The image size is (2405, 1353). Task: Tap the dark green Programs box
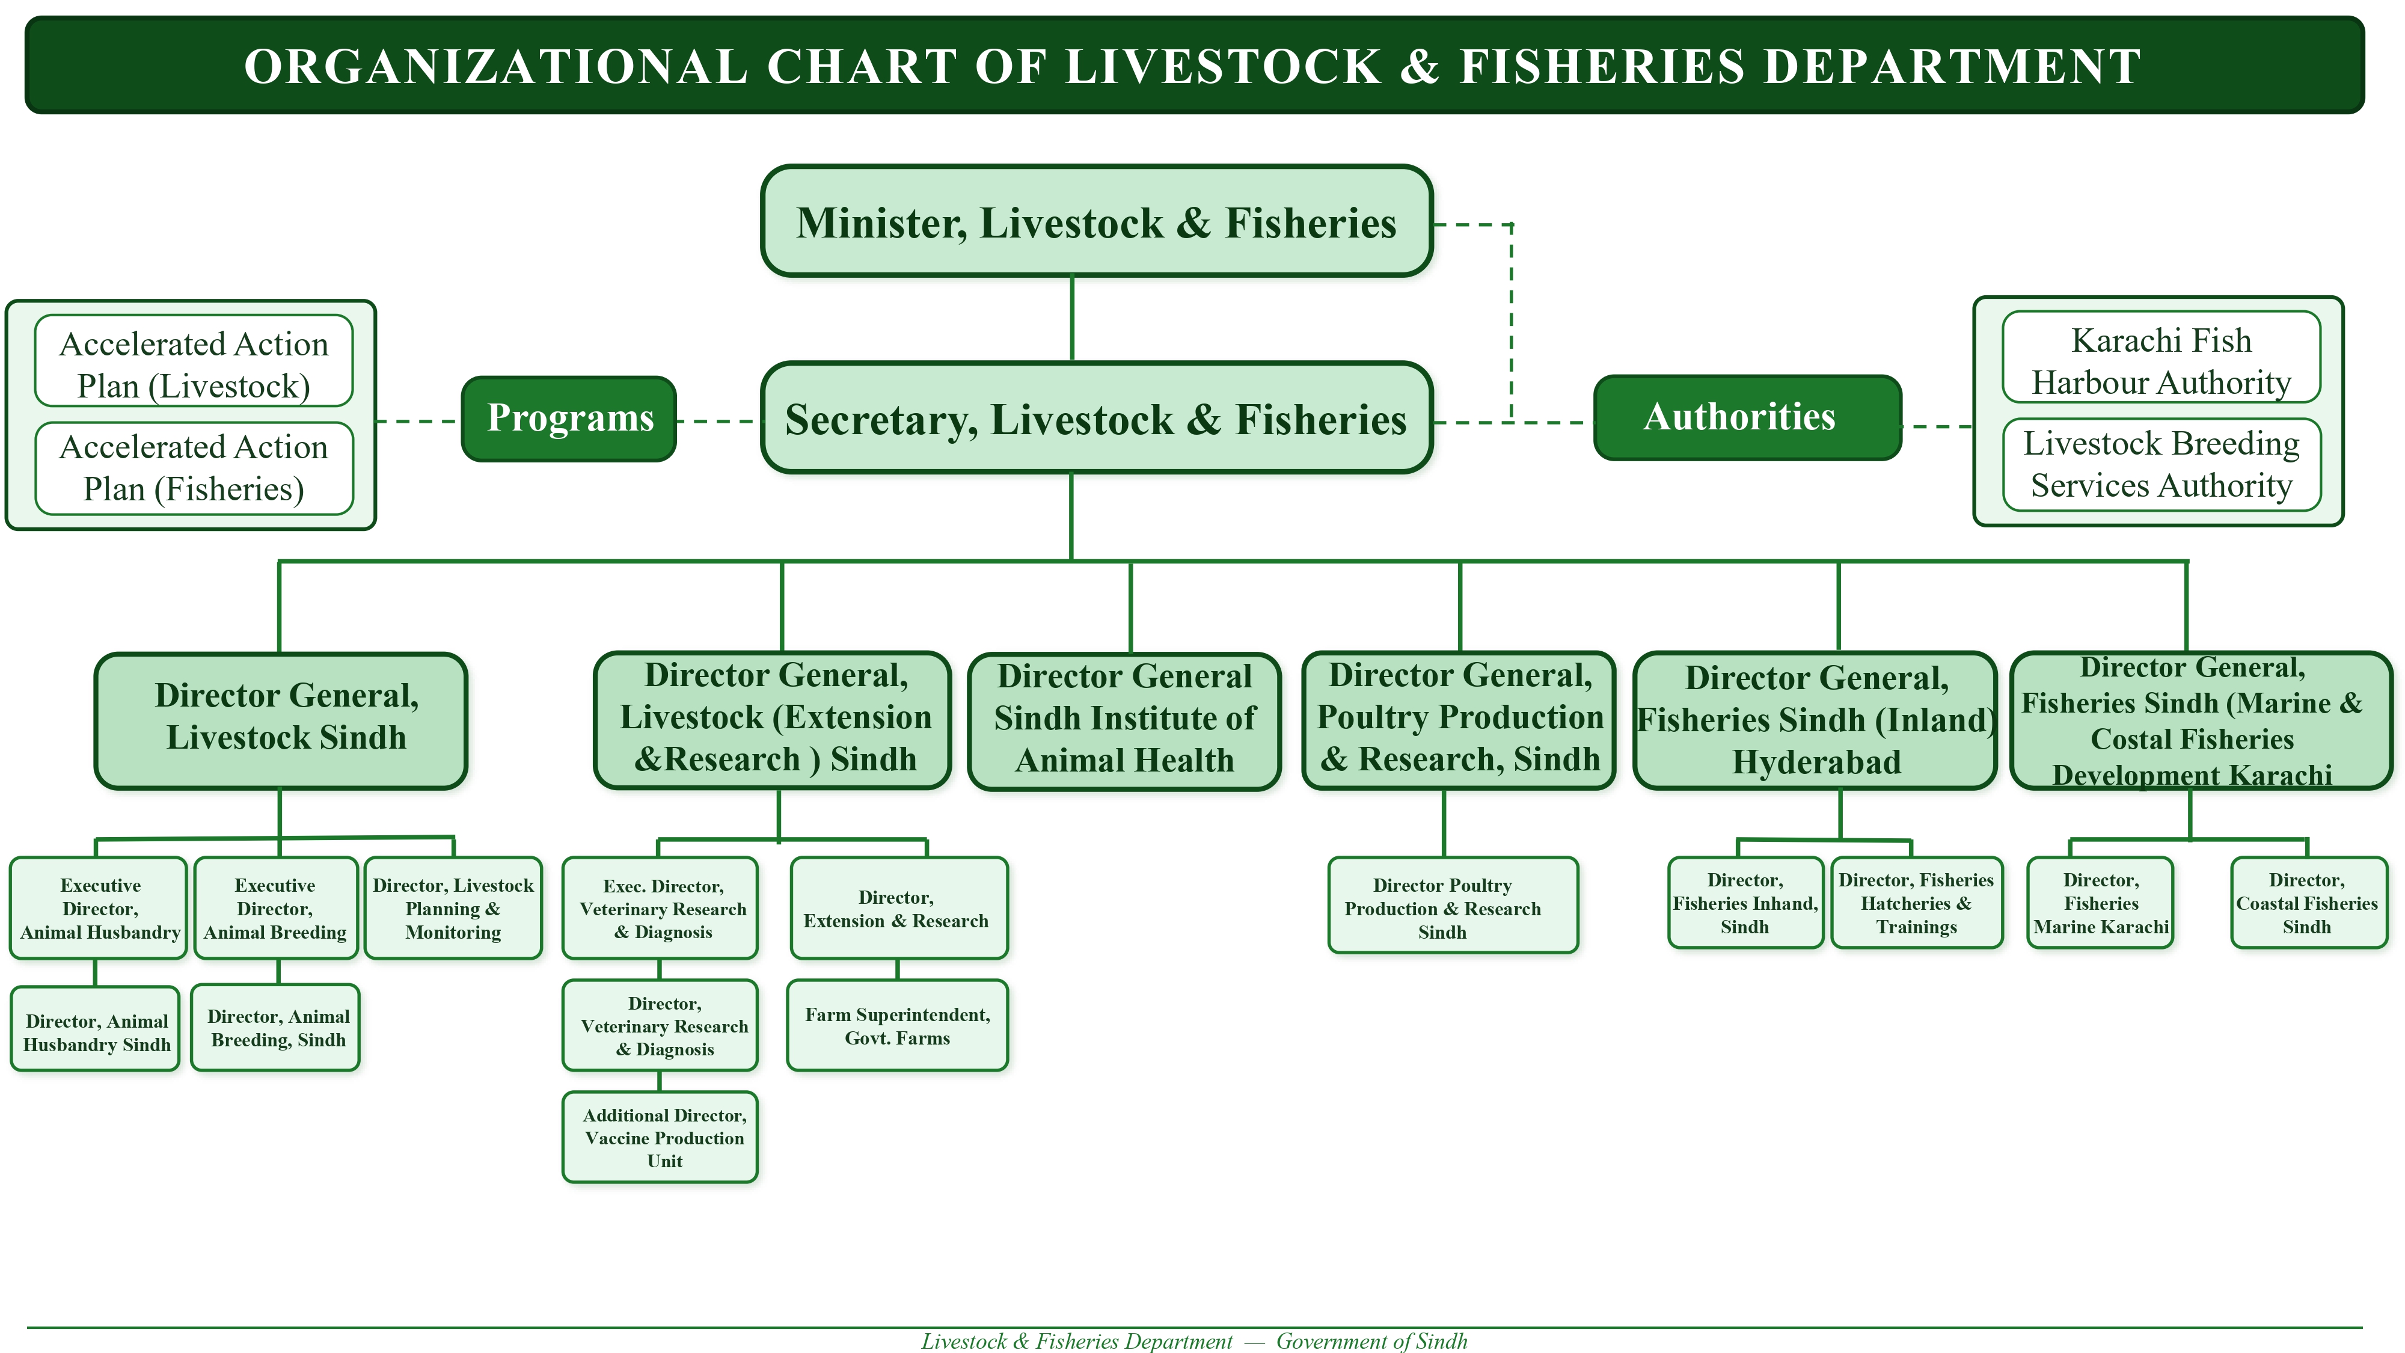click(569, 419)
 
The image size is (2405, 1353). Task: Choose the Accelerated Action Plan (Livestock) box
click(194, 360)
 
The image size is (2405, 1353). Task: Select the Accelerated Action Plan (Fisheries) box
click(194, 468)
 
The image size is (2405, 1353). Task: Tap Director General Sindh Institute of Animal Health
click(1124, 721)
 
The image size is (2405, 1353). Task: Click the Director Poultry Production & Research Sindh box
click(1453, 905)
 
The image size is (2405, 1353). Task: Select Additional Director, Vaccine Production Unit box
click(660, 1137)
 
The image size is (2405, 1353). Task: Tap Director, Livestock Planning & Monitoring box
click(453, 907)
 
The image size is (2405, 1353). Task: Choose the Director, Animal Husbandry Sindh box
click(94, 1028)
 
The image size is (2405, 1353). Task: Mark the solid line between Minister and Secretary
click(1072, 319)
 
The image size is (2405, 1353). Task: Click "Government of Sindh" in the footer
click(1371, 1341)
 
